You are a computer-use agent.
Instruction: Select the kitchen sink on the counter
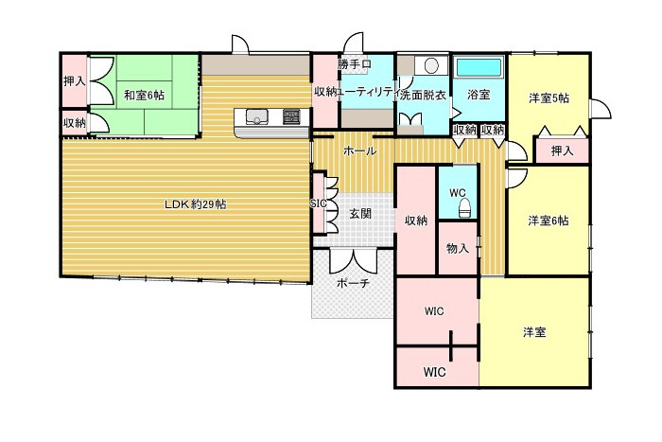tap(258, 117)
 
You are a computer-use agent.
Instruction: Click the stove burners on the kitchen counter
tap(290, 117)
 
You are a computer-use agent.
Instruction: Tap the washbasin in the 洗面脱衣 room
tap(431, 66)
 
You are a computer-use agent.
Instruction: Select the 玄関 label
tap(360, 214)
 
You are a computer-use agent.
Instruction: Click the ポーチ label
tap(352, 284)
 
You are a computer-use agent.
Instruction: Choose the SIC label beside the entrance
tap(318, 203)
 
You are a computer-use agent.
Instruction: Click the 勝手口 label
tap(353, 64)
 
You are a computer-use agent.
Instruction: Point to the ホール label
tap(359, 150)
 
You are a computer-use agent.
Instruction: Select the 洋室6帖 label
tap(549, 221)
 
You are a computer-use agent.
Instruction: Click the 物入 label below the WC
tap(458, 249)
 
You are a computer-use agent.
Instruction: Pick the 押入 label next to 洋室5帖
tap(562, 150)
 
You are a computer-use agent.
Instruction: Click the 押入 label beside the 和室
tap(74, 81)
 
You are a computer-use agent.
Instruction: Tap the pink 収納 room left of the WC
tap(416, 221)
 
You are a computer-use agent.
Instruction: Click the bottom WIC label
tap(435, 371)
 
